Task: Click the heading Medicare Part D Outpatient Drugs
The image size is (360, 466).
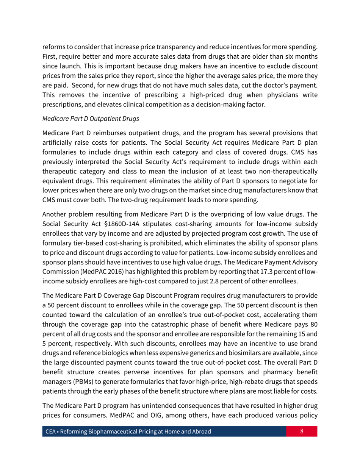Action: pyautogui.click(x=91, y=119)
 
